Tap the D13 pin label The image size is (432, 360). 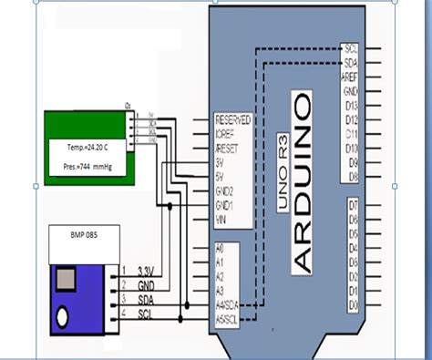pyautogui.click(x=352, y=106)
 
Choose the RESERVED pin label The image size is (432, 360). pyautogui.click(x=232, y=119)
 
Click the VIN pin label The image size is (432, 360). pyautogui.click(x=222, y=220)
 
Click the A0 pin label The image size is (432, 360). pyautogui.click(x=220, y=246)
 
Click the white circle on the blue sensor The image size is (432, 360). pyautogui.click(x=62, y=318)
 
